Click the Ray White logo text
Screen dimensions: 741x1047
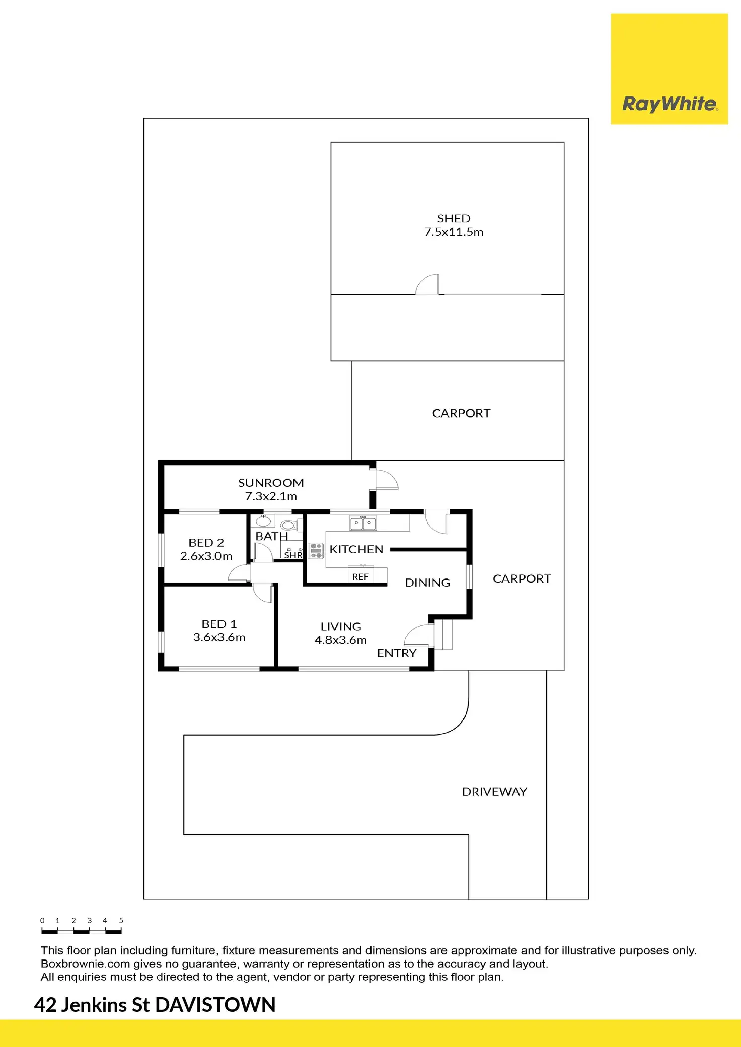coord(670,104)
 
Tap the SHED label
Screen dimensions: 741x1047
coord(454,219)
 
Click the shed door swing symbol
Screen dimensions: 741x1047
coord(428,284)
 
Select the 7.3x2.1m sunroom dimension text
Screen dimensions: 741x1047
coord(271,496)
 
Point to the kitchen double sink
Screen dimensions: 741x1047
coord(363,523)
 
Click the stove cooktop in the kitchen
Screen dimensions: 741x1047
coord(316,551)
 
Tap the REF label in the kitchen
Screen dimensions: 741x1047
coord(360,577)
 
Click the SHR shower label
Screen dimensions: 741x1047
coord(293,555)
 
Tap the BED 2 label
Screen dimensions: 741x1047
coord(206,543)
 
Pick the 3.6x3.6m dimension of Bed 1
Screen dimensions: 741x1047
coord(219,637)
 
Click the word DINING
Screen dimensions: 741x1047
coord(427,583)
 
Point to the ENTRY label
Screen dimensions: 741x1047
coord(397,653)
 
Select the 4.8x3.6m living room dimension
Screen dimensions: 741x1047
coord(341,640)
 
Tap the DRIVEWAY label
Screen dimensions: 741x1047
coord(494,792)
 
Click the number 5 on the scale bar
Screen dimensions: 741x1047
coord(121,920)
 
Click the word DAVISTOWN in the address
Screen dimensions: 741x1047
coord(215,1005)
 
